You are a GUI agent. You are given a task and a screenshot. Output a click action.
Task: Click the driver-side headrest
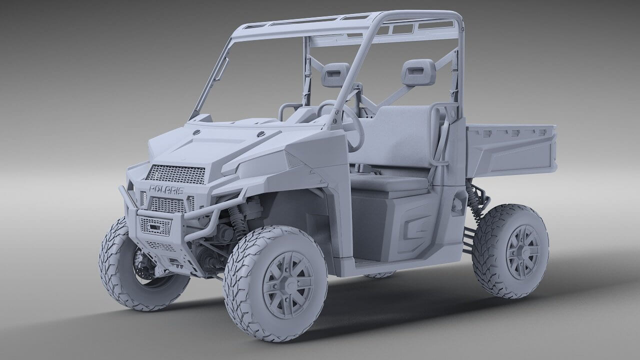335,75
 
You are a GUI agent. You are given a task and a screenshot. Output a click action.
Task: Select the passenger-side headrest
417,72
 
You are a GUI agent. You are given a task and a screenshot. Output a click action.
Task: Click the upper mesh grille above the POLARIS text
176,174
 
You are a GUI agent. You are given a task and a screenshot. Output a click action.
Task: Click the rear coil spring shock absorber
474,200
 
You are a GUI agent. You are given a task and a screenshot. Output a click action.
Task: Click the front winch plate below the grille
155,226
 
